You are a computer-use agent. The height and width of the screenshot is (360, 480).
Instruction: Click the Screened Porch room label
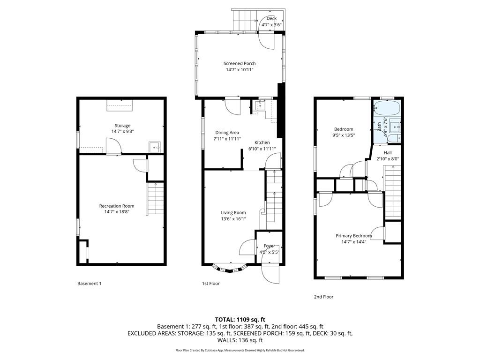pyautogui.click(x=240, y=63)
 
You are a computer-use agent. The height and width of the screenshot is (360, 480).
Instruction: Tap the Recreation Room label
pyautogui.click(x=117, y=206)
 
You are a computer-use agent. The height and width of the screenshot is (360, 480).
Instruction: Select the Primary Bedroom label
pyautogui.click(x=353, y=236)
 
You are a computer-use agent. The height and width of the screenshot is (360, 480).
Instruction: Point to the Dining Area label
pyautogui.click(x=227, y=133)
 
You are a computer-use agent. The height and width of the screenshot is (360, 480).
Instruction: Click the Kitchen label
pyautogui.click(x=262, y=142)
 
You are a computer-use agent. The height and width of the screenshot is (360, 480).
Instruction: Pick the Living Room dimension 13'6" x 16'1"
pyautogui.click(x=233, y=219)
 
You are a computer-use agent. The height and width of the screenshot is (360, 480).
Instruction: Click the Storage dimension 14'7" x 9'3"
pyautogui.click(x=122, y=132)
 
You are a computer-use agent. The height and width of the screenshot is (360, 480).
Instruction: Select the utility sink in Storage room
pyautogui.click(x=155, y=147)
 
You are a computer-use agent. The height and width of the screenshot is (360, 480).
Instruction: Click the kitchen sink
pyautogui.click(x=261, y=106)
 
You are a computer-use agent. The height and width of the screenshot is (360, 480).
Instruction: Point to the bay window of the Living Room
pyautogui.click(x=229, y=268)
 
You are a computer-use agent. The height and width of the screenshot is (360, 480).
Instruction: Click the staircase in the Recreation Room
pyautogui.click(x=155, y=199)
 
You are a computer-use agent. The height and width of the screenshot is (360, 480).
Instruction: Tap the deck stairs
pyautogui.click(x=244, y=20)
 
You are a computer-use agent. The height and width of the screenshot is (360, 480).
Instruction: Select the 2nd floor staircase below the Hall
pyautogui.click(x=392, y=192)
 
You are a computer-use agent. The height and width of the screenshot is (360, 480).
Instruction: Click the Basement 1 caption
pyautogui.click(x=89, y=284)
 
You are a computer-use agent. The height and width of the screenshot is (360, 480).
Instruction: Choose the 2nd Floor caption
pyautogui.click(x=323, y=297)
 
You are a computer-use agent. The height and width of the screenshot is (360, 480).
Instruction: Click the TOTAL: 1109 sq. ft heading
pyautogui.click(x=240, y=320)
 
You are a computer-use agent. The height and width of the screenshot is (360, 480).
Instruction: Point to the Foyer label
pyautogui.click(x=269, y=246)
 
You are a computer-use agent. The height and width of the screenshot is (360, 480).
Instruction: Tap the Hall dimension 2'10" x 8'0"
pyautogui.click(x=388, y=158)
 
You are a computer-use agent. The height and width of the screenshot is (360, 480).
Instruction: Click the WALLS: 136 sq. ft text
pyautogui.click(x=240, y=340)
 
